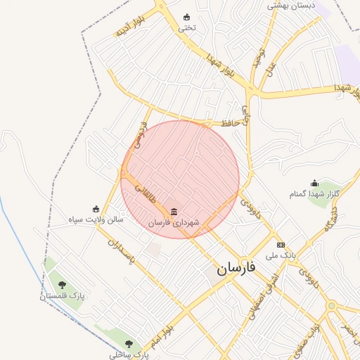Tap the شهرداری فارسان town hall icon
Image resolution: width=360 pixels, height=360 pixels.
[174, 212]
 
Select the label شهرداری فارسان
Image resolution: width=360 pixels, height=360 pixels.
[174, 222]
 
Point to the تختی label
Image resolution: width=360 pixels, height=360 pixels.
[186, 28]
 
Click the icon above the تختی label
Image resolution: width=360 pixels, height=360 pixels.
[186, 18]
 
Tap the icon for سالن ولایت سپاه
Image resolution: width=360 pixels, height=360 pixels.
[96, 209]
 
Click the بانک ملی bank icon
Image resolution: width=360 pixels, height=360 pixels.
[281, 245]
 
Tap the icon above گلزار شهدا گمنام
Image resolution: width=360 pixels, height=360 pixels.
[314, 183]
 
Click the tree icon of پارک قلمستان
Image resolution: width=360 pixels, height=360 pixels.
[62, 285]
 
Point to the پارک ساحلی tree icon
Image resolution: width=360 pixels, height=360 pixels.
[128, 344]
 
